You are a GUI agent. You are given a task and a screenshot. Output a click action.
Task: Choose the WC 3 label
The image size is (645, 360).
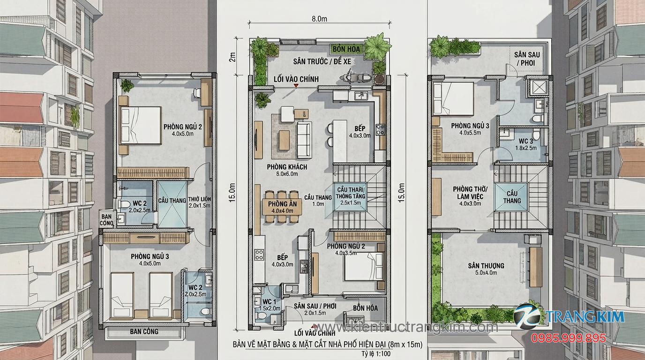tap(525, 141)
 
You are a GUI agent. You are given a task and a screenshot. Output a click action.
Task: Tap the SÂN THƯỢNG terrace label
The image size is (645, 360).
tap(486, 266)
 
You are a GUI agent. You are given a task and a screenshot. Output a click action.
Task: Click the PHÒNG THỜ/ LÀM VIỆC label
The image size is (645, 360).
tap(470, 193)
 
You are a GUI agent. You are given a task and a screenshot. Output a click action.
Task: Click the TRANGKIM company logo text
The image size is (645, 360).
tap(585, 316)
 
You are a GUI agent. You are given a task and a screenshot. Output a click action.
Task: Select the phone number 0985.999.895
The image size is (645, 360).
tap(568, 337)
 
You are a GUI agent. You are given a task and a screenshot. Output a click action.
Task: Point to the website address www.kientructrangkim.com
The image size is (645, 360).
tap(407, 326)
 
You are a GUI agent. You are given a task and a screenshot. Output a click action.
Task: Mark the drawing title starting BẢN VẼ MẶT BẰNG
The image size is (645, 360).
tap(327, 345)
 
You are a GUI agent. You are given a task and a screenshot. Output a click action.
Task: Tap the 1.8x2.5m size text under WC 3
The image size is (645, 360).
tap(525, 148)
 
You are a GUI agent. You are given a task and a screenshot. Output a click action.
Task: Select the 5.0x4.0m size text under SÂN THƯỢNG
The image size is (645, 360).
tap(486, 272)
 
